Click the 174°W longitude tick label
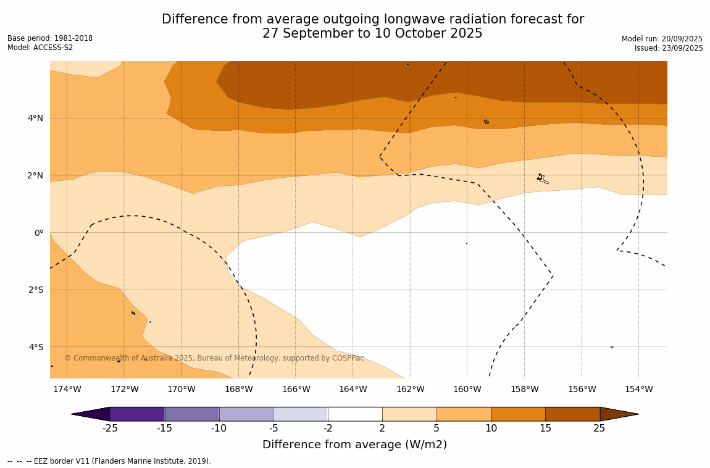coord(67,389)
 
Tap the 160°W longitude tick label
coord(467,389)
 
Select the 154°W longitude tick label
coord(638,389)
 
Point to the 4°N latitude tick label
coord(35,118)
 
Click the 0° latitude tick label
coord(39,233)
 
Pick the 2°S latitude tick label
coord(35,290)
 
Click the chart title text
coord(372,27)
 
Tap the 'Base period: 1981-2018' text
coord(50,38)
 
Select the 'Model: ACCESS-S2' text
coord(40,48)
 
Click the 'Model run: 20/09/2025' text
coord(662,39)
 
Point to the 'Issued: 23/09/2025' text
coord(669,48)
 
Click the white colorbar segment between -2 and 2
coord(355,414)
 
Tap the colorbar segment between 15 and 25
coord(572,414)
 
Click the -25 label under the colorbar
coord(110,428)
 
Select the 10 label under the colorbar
coord(491,428)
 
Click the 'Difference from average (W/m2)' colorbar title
coord(354,445)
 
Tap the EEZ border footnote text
coord(109,461)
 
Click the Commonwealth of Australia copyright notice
coord(214,358)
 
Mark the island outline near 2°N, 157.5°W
coord(542,178)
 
